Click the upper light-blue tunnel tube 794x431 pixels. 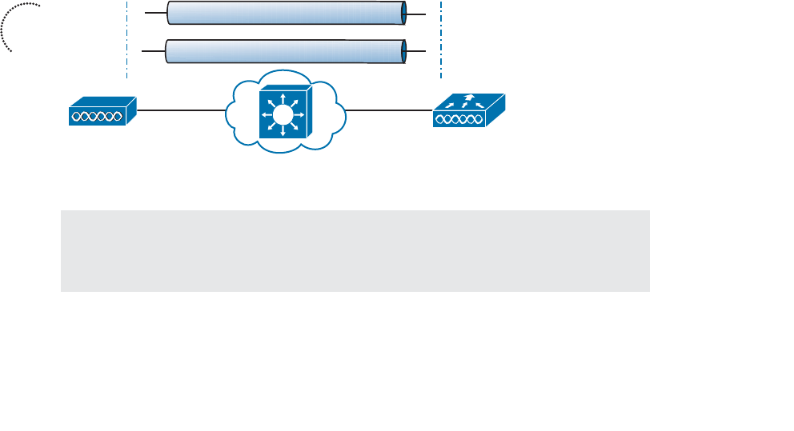coord(284,14)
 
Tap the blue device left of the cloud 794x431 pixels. coord(102,111)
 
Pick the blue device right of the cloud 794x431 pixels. coord(468,111)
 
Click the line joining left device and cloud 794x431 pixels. coord(180,111)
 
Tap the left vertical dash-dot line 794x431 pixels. coord(127,40)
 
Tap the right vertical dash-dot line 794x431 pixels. coord(441,40)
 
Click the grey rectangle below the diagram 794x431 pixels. coord(355,250)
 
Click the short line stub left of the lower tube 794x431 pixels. coord(152,50)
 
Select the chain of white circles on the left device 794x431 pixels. coord(95,117)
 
